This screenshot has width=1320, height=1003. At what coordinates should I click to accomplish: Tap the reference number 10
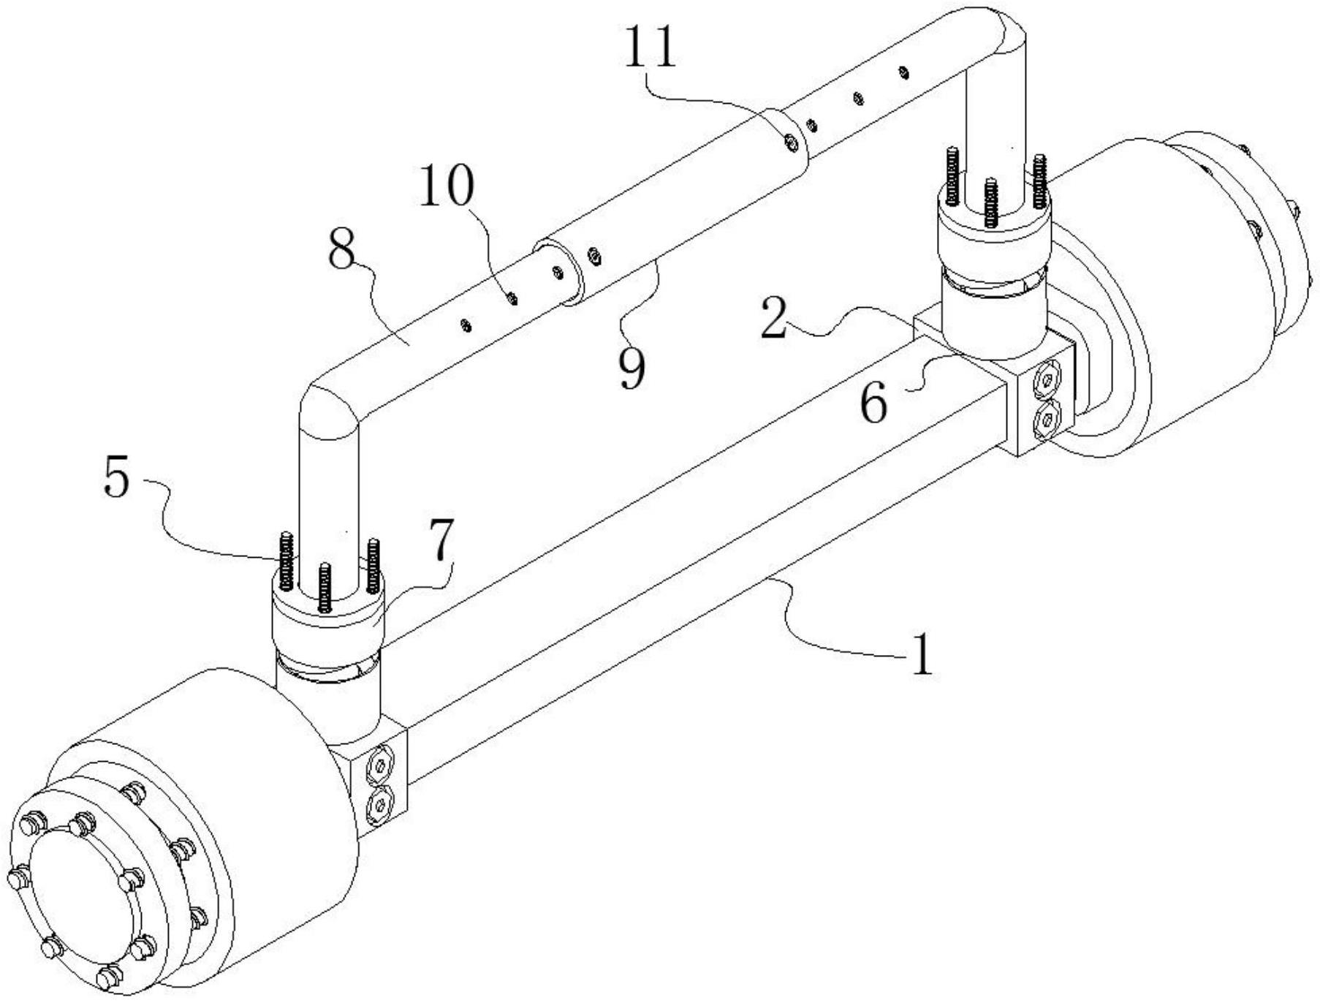[447, 186]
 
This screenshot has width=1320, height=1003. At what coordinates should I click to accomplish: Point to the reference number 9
[631, 368]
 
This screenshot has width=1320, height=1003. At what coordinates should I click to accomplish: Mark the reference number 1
[922, 654]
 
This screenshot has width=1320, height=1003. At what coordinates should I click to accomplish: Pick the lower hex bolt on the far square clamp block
[1047, 418]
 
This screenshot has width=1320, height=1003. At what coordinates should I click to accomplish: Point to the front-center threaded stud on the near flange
[324, 588]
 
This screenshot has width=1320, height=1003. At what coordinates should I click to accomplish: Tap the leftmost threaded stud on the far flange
[952, 175]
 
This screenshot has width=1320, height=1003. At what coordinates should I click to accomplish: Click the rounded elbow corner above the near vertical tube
[330, 403]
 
